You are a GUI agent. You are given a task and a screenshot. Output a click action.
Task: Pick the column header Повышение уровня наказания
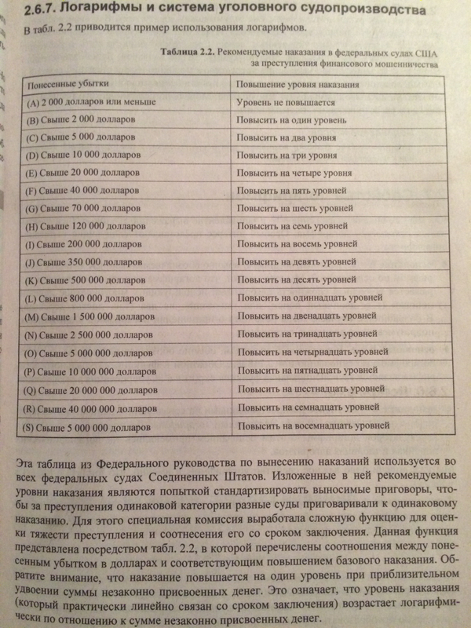pyautogui.click(x=298, y=84)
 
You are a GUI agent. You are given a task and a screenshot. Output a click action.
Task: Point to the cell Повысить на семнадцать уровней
pyautogui.click(x=307, y=408)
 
